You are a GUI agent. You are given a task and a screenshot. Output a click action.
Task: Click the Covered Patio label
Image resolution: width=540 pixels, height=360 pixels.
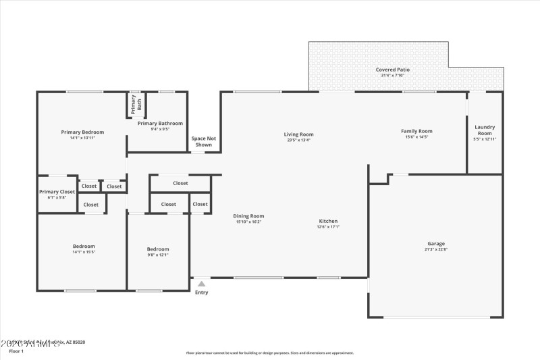[392, 70]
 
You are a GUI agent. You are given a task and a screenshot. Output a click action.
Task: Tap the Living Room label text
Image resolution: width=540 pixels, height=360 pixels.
[298, 134]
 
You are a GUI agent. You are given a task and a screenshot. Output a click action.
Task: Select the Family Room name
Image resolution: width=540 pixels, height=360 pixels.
[416, 131]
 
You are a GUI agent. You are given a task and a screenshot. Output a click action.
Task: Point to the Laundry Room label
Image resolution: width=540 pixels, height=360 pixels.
[485, 130]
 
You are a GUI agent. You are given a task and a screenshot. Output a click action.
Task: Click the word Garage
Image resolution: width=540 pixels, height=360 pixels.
[435, 244]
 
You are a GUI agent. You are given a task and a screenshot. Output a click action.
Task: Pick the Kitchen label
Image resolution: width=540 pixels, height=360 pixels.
[328, 221]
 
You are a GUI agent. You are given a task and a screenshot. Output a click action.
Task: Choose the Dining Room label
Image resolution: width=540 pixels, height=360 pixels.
[249, 216]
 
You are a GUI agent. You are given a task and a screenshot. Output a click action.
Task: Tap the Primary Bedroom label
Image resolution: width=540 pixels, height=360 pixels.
[82, 132]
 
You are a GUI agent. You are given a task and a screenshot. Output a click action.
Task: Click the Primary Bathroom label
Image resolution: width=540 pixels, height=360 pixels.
[160, 123]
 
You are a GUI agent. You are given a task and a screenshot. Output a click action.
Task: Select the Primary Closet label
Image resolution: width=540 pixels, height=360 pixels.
[57, 192]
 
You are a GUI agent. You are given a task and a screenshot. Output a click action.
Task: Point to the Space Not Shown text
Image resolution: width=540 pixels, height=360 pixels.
[203, 141]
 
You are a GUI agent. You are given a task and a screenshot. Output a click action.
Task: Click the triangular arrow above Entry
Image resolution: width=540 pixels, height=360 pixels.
[201, 284]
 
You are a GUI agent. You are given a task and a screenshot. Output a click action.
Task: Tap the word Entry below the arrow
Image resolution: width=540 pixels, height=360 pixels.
[201, 292]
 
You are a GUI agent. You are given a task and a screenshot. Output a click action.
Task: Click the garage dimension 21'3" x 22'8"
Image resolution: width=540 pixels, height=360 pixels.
[435, 250]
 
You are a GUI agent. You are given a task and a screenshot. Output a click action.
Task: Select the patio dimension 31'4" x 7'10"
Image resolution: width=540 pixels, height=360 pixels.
[392, 75]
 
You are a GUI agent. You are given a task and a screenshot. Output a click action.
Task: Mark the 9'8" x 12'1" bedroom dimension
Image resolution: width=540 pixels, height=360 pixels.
[158, 255]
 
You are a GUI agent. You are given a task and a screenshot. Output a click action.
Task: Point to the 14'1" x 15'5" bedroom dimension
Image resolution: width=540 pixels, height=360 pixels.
[84, 252]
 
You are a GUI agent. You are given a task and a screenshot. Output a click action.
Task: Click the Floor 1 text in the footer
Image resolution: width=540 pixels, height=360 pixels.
[16, 351]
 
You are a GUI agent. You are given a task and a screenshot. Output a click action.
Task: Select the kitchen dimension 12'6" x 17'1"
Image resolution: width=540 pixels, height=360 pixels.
[328, 227]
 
